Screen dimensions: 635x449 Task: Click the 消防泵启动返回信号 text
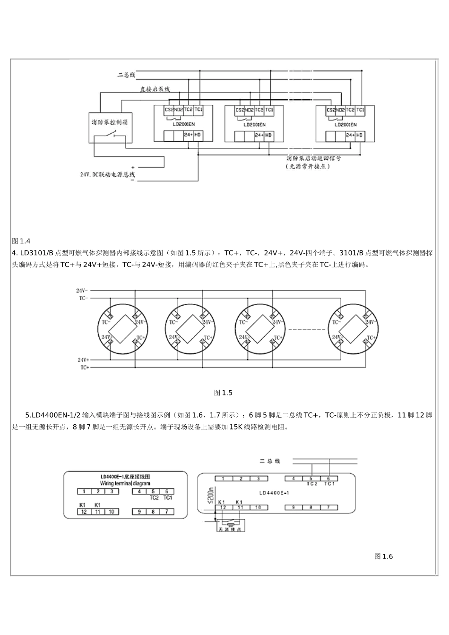313,158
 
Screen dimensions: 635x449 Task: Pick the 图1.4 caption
21,241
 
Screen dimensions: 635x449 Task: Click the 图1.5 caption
223,393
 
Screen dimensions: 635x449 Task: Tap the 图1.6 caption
383,556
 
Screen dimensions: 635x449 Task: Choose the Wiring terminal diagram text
125,483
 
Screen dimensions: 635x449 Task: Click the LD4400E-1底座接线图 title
125,477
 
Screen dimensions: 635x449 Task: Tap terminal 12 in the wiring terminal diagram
84,512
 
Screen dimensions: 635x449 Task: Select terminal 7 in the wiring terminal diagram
167,512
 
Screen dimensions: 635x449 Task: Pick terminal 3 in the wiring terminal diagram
112,491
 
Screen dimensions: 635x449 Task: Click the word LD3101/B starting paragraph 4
37,253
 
